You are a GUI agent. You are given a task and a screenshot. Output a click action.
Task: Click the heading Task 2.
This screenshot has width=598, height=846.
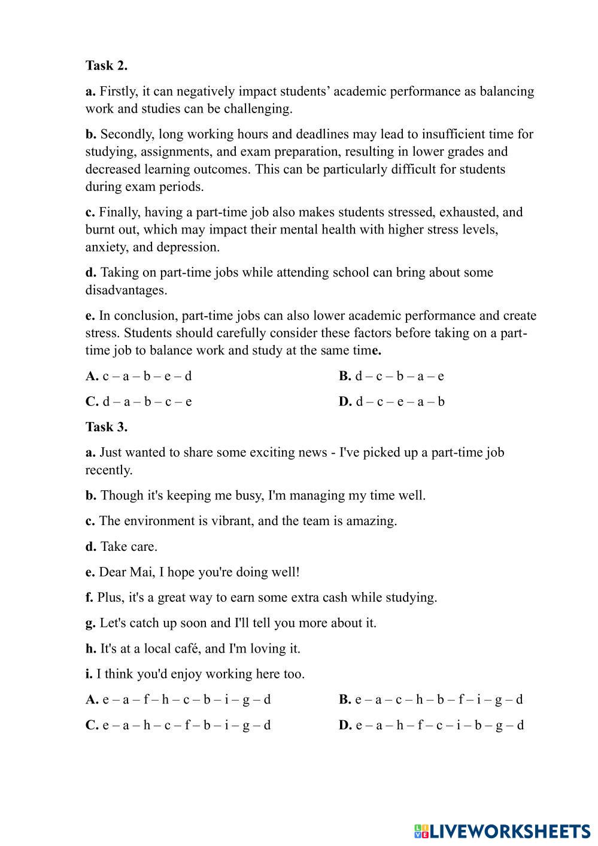click(106, 65)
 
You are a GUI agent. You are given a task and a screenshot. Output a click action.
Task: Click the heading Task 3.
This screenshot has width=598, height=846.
click(106, 427)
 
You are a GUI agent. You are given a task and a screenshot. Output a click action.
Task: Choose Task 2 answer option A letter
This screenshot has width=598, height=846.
click(92, 377)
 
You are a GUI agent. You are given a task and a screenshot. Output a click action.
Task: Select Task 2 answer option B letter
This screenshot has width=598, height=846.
click(344, 377)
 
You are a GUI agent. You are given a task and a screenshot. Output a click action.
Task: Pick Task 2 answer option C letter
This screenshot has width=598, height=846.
click(92, 402)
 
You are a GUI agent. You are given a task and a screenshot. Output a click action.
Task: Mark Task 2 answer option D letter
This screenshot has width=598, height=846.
click(345, 402)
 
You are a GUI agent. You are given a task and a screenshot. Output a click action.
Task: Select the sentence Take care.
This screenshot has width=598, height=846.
click(129, 547)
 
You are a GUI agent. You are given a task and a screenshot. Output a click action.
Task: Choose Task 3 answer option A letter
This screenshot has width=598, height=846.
click(92, 699)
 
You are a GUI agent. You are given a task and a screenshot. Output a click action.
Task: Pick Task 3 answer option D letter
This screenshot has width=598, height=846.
click(345, 726)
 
